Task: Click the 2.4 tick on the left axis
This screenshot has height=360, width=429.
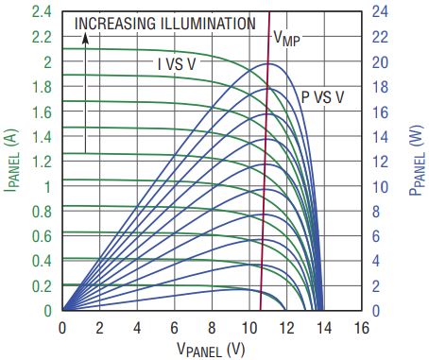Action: (42, 12)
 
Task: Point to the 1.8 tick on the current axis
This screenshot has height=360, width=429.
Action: (42, 87)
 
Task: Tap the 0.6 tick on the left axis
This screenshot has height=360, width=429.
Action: (42, 236)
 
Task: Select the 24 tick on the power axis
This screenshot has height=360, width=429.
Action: (380, 12)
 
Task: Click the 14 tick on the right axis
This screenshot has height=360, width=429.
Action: (380, 137)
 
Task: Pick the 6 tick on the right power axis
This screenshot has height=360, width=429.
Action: (376, 236)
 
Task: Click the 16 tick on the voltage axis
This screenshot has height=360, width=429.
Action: (361, 328)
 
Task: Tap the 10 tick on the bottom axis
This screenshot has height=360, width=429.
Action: (249, 328)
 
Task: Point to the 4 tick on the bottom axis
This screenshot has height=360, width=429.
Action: (137, 328)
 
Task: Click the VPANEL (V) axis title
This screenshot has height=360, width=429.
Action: (211, 349)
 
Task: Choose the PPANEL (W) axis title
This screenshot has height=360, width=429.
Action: (416, 161)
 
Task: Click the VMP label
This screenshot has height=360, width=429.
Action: (286, 39)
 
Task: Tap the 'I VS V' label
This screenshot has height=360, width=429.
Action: (177, 64)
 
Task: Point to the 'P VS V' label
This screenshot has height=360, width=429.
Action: (322, 97)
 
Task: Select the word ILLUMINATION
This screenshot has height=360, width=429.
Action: (208, 24)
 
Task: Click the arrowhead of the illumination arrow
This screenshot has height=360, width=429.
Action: (85, 38)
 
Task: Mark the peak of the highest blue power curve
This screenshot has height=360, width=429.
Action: (269, 63)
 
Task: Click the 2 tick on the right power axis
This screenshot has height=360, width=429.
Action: (376, 286)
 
